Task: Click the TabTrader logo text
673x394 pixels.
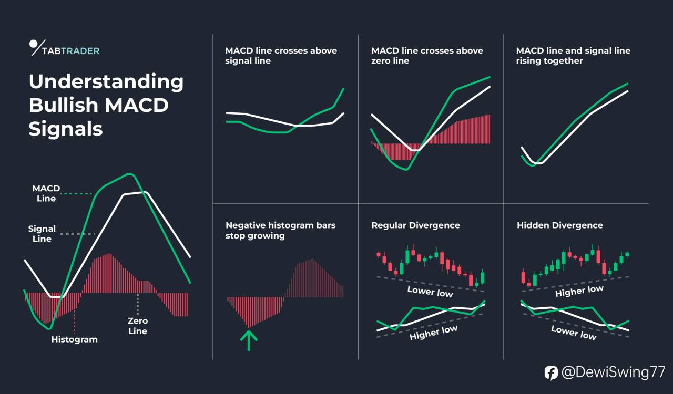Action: point(71,51)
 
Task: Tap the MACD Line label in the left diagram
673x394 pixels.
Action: point(46,193)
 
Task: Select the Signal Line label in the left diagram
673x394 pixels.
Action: point(42,234)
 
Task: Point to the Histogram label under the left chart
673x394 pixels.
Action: point(75,339)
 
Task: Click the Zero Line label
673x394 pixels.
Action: point(138,326)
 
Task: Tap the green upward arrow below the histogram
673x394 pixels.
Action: point(249,340)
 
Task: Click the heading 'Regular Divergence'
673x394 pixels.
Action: point(415,225)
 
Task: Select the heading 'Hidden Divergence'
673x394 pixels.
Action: point(560,225)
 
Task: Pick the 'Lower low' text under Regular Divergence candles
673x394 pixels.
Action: point(430,292)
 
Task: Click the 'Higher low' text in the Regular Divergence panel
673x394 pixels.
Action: point(433,333)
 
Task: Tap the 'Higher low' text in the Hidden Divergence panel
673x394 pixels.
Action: point(579,291)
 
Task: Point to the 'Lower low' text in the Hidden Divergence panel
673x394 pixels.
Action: point(574,333)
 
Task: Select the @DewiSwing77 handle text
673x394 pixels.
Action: point(613,372)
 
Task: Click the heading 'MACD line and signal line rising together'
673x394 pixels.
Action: point(573,56)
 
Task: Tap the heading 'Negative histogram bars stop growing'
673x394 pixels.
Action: point(280,230)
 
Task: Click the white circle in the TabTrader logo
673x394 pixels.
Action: point(33,44)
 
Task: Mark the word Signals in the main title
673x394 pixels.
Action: point(66,129)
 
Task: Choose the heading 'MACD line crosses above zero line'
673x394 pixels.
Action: point(427,56)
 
